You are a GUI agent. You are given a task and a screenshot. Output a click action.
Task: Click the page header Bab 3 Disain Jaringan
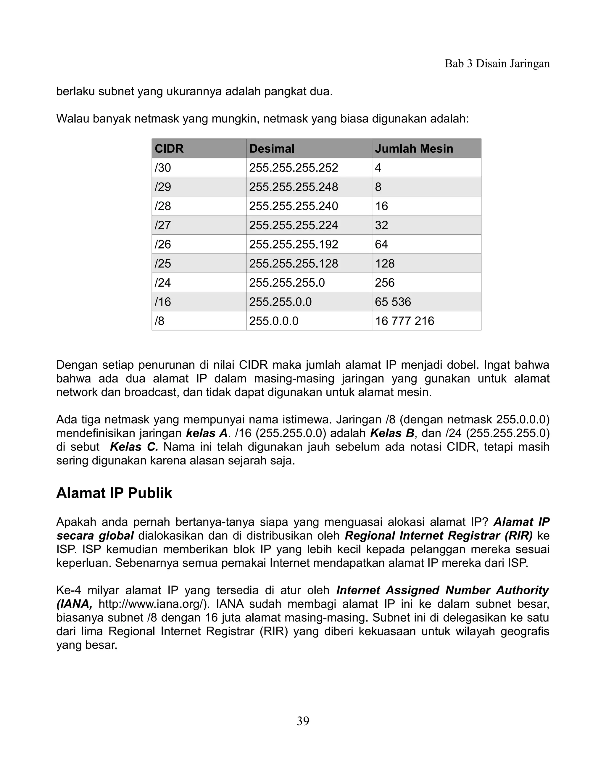coord(497,64)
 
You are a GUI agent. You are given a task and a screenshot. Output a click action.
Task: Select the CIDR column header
coord(169,149)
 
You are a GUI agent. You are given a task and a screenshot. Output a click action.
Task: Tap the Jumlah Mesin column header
coord(414,149)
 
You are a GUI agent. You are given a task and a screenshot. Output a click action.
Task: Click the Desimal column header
coord(272,149)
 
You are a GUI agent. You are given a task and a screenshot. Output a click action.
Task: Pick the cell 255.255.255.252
coord(293,168)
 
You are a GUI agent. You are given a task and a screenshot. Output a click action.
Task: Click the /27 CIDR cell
coord(163,225)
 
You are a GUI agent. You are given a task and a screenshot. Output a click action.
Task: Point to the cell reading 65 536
coord(393,301)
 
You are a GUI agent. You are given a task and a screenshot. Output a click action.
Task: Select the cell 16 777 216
coord(404,321)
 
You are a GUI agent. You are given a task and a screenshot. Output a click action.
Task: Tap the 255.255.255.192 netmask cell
coord(293,244)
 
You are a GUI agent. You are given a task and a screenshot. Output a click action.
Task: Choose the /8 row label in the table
coord(159,321)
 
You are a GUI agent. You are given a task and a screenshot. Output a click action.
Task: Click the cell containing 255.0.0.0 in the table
coord(274,321)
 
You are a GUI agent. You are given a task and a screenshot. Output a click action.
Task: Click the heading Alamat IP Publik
coord(114,493)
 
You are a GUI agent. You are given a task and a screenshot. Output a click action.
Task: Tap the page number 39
coord(303,721)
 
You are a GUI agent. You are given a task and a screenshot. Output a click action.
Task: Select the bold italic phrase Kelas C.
coord(134,447)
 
